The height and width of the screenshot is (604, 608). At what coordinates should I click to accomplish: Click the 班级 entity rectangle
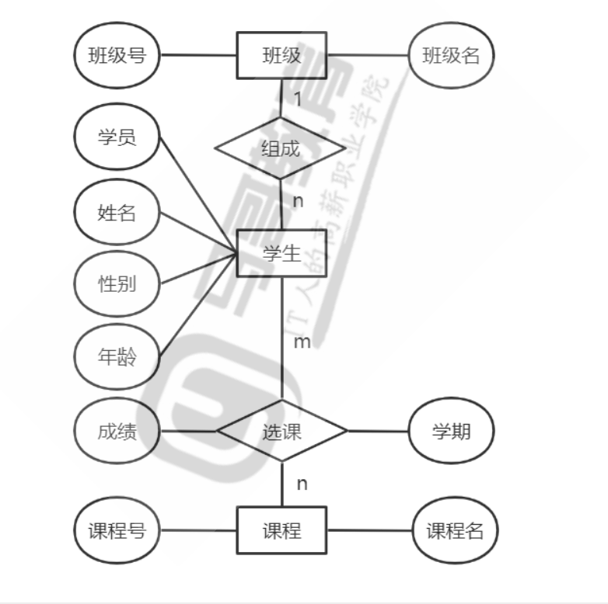(x=281, y=55)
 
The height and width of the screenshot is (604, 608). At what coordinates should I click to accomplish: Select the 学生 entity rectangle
(x=281, y=253)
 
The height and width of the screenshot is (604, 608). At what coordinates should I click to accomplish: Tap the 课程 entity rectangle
(x=281, y=531)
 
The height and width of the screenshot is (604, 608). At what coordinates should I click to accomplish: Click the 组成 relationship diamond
(x=280, y=148)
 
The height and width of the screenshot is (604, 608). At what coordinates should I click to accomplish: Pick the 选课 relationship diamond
(x=281, y=432)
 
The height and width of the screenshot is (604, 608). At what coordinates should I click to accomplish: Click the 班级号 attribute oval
(x=117, y=55)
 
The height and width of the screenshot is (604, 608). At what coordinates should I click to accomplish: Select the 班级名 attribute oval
(x=451, y=55)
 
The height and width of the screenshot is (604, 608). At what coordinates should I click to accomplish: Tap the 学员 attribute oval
(x=117, y=137)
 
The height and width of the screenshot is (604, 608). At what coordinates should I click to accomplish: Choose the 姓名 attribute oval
(x=117, y=212)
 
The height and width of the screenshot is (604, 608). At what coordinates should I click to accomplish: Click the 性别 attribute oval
(x=117, y=283)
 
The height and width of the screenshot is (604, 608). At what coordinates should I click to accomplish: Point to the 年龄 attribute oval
(x=117, y=358)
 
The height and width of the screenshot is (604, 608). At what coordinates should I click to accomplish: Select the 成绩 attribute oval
(x=117, y=432)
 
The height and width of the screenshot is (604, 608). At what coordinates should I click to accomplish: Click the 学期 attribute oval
(x=451, y=432)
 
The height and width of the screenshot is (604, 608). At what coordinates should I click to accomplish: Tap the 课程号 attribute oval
(x=117, y=531)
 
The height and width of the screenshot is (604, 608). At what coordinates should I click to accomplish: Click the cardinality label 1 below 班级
(x=297, y=99)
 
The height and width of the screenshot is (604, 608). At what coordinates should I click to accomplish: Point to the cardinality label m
(x=302, y=342)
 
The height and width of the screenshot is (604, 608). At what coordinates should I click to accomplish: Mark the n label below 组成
(x=297, y=201)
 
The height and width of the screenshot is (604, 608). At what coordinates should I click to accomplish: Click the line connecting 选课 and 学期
(x=378, y=432)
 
